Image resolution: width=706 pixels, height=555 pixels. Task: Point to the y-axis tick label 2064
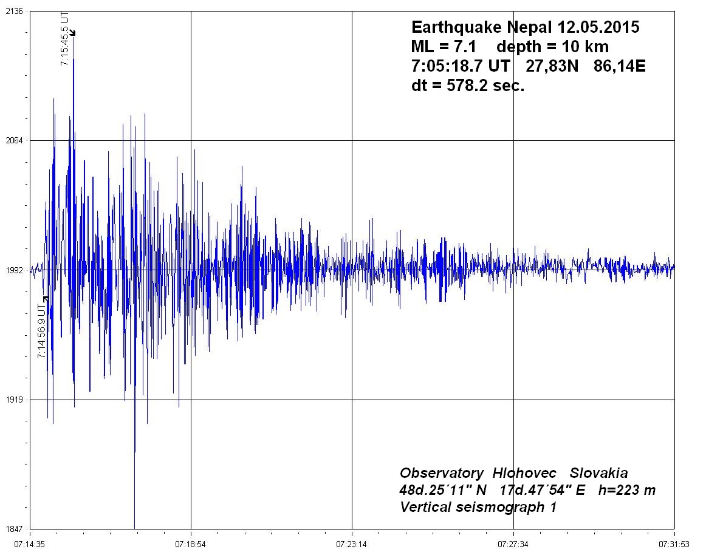tap(13, 140)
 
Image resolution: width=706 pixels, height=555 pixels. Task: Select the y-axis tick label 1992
tap(13, 270)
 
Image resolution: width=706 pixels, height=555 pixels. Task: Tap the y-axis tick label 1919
tap(13, 400)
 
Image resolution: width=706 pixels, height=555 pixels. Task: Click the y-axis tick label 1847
tap(13, 529)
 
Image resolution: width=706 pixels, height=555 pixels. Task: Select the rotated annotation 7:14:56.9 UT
tap(41, 332)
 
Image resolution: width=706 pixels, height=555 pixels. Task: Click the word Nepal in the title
tap(524, 28)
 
